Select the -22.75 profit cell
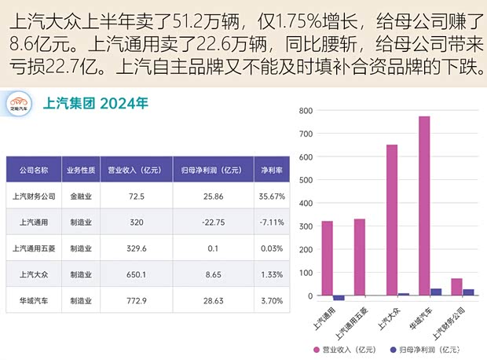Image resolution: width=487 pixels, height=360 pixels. [x=208, y=222]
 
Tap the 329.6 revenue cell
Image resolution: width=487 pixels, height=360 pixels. [x=136, y=248]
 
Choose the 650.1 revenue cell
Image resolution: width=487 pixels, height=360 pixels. [x=136, y=275]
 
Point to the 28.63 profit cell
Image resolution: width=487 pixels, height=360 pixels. [x=208, y=300]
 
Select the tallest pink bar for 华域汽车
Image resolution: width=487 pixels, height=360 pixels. [x=424, y=205]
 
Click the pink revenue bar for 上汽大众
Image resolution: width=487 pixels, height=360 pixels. [x=391, y=219]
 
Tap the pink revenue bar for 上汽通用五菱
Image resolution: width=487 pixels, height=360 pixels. [x=359, y=256]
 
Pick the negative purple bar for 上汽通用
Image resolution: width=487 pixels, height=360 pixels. [x=339, y=298]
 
